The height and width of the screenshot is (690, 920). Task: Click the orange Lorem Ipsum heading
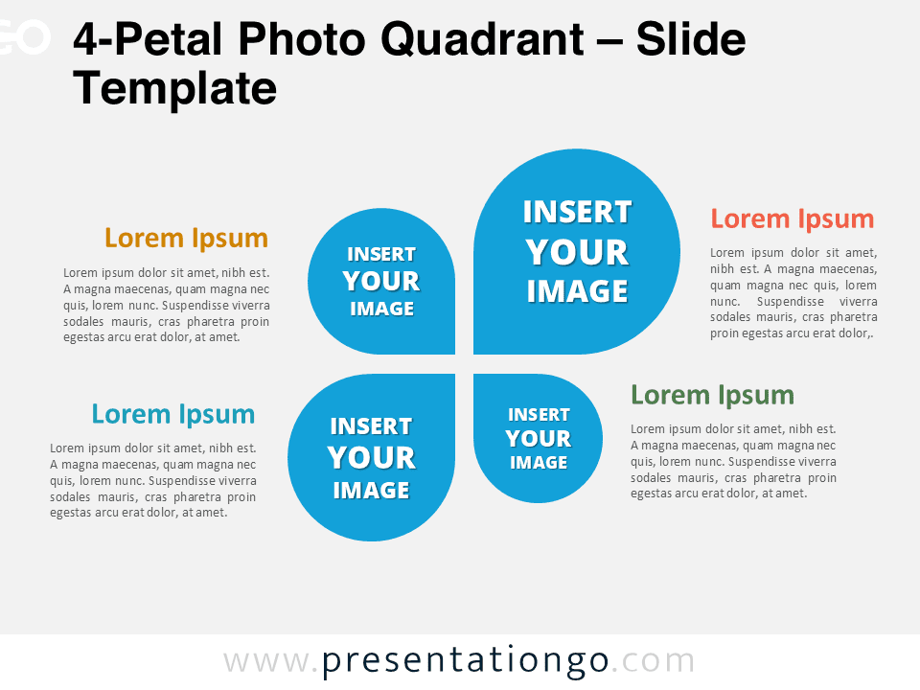coord(186,238)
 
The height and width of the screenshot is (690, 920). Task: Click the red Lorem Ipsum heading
coord(792,218)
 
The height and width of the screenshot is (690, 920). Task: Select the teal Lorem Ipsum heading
coord(173,414)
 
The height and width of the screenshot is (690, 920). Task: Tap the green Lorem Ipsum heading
coord(712,395)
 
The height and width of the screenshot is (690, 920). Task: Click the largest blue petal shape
coord(577,251)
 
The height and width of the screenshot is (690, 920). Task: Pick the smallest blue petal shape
coord(538,438)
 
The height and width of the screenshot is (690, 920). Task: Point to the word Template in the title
coord(174,89)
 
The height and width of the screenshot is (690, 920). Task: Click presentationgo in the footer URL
coord(465,660)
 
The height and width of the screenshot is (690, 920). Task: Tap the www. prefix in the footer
coord(271,660)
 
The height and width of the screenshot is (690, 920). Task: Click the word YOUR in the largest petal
coord(577,252)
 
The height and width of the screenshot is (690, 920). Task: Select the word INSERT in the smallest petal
coord(539,415)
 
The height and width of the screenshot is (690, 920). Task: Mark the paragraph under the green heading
coord(733,461)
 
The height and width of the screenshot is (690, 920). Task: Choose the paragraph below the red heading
coord(793,293)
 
